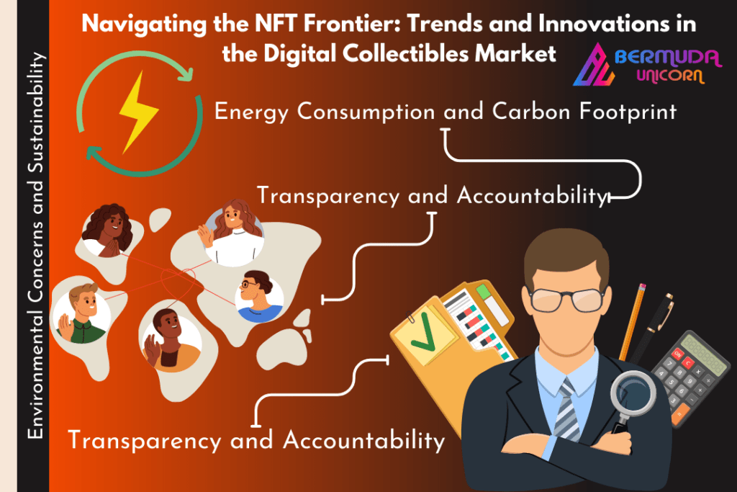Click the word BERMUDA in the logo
click(667, 58)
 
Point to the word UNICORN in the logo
click(670, 76)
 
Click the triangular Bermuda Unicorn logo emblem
click(593, 65)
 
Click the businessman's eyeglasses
click(566, 299)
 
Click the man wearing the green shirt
click(81, 313)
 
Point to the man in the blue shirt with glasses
click(259, 297)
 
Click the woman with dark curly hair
click(108, 231)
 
